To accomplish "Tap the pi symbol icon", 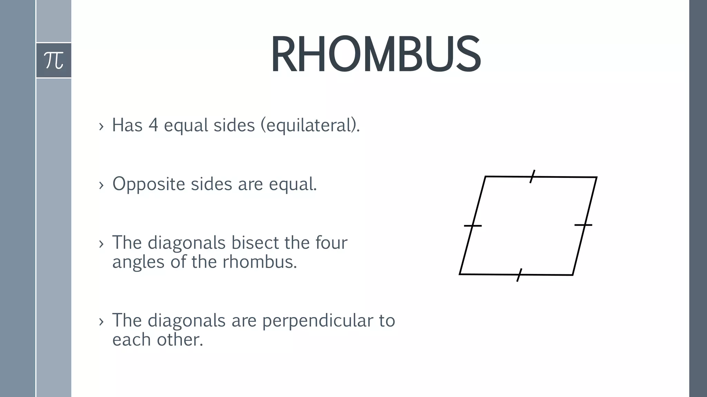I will coord(54,60).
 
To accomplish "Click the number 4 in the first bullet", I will coord(153,125).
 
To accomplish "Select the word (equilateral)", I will coord(310,125).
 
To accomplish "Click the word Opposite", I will coord(148,184).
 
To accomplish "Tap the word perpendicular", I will coord(317,320).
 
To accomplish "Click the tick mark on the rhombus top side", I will coord(532,176).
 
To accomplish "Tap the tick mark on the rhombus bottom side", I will coord(519,275).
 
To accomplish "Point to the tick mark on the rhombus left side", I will coord(473,226).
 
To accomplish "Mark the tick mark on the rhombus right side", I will coord(583,225).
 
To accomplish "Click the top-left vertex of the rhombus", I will coord(485,176).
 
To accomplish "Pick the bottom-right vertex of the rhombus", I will coord(573,275).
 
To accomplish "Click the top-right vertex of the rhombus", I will coord(597,177).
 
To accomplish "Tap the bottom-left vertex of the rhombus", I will coord(460,274).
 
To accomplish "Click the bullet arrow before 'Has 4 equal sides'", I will coord(101,126).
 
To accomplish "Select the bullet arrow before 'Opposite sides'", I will coord(101,185).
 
